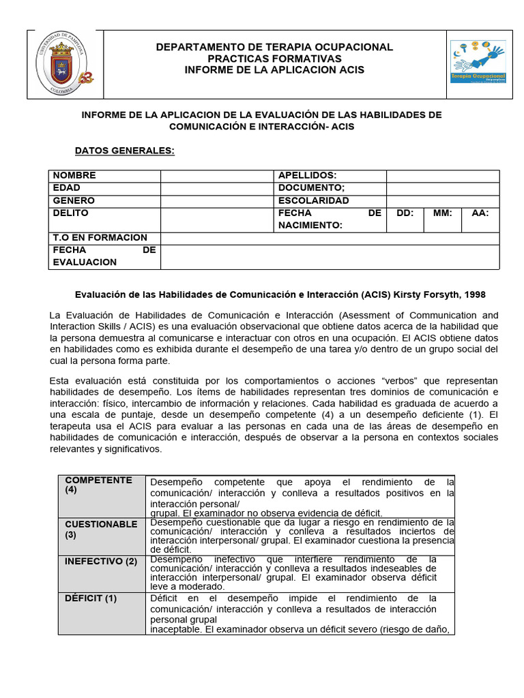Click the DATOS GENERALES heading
click(124, 151)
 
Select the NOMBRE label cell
click(104, 176)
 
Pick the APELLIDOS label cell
click(330, 176)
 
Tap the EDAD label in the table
click(104, 188)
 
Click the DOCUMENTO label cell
click(330, 188)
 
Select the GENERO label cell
click(104, 201)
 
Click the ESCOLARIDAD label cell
click(330, 201)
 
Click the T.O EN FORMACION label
click(104, 238)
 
